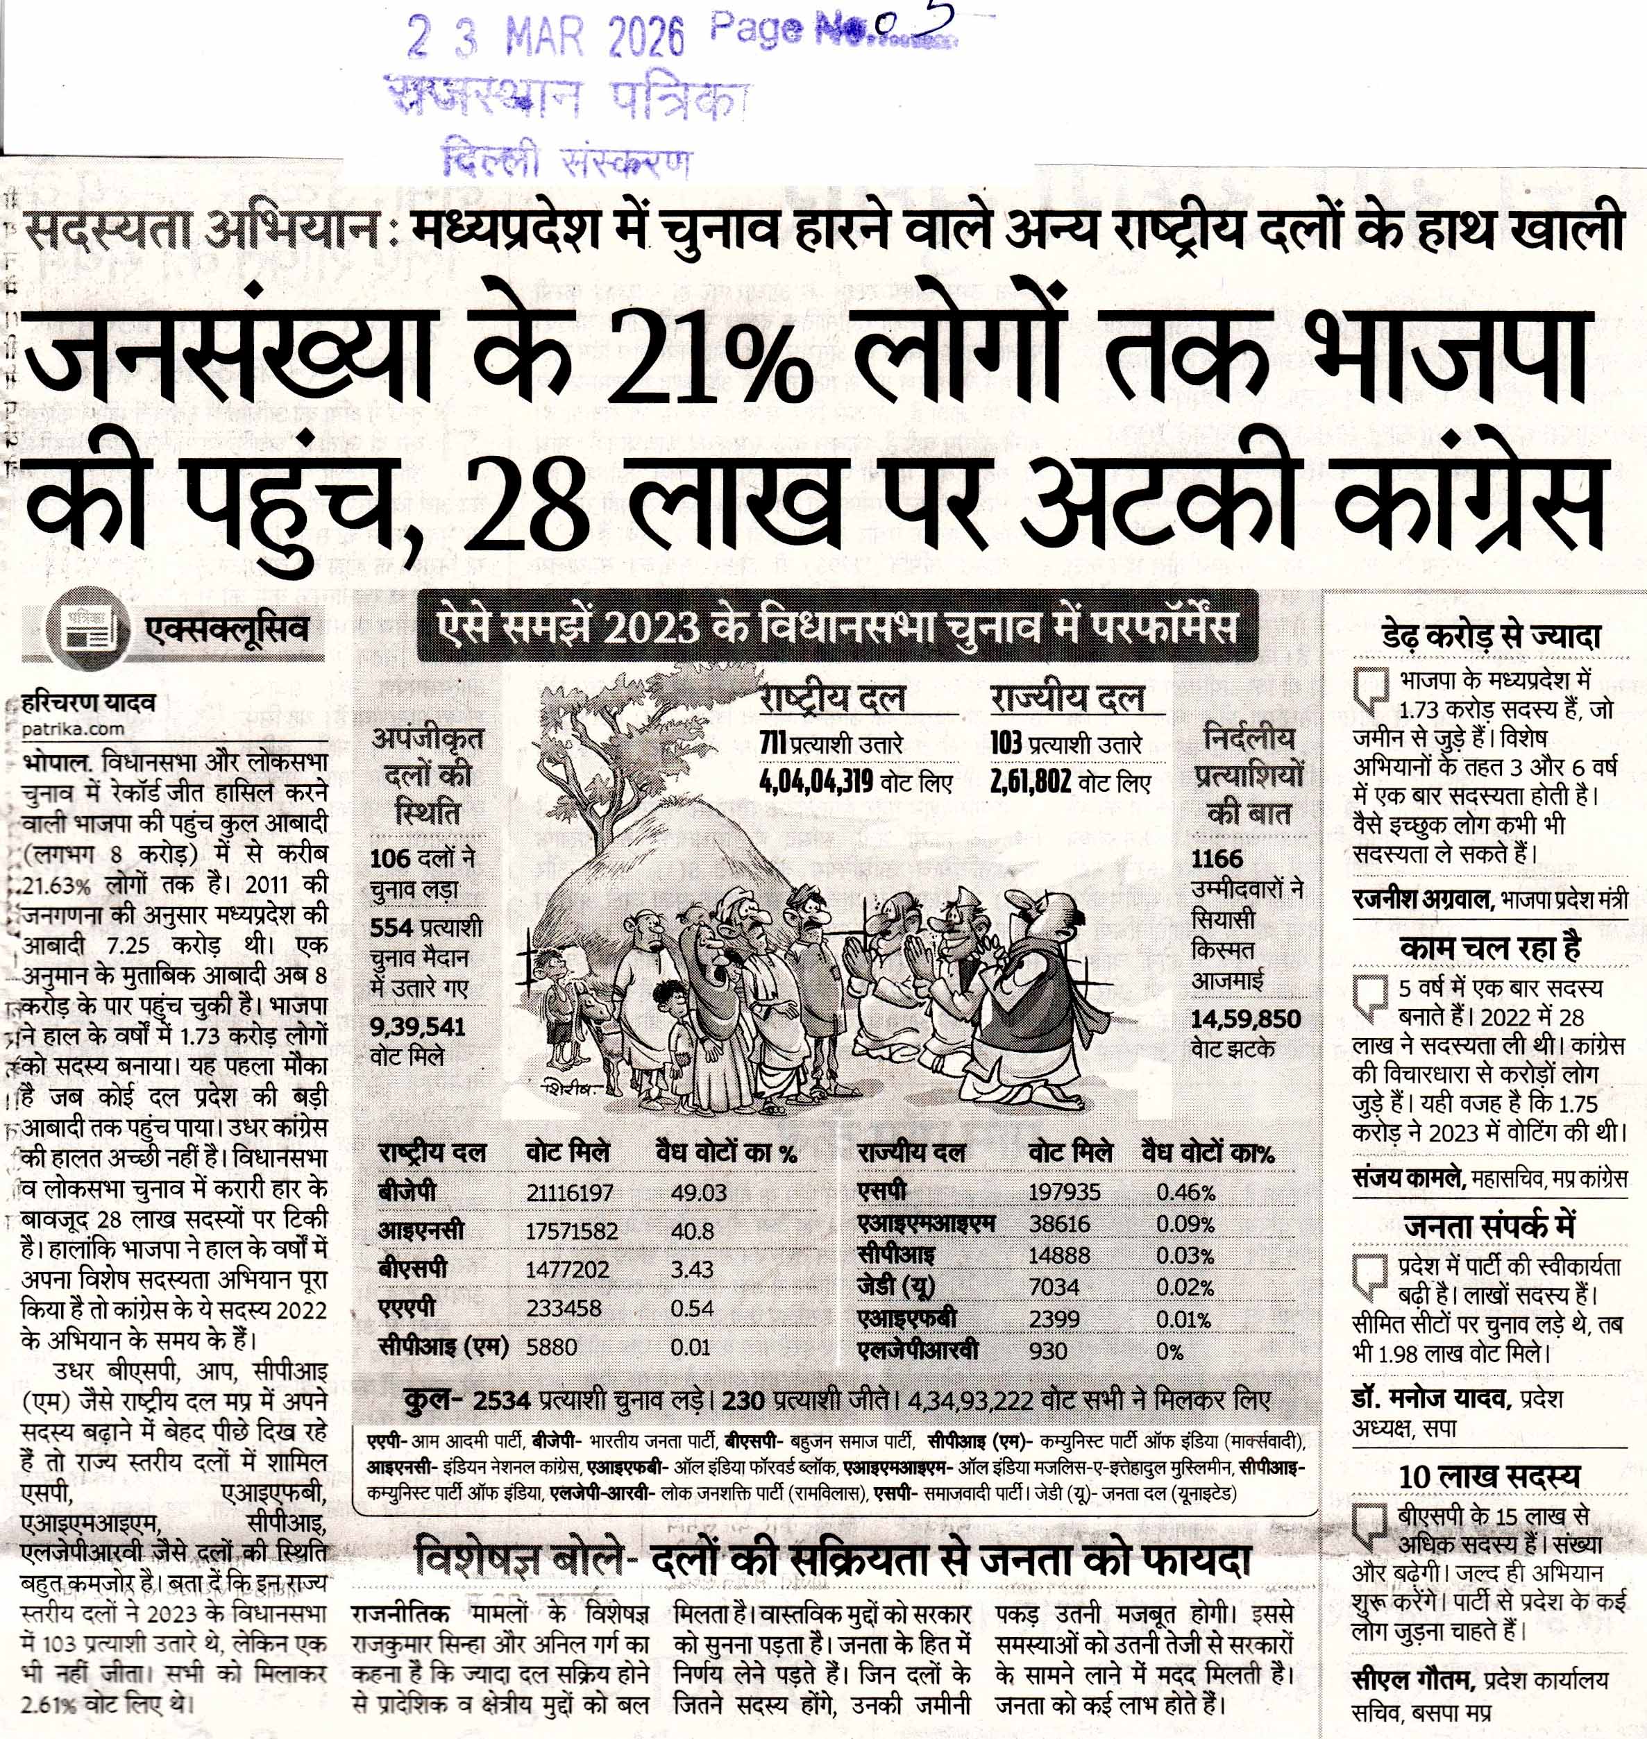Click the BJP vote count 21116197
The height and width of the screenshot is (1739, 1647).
click(x=570, y=1192)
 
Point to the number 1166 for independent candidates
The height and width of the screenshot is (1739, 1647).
click(x=1217, y=858)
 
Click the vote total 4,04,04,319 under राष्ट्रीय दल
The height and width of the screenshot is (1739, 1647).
click(x=816, y=782)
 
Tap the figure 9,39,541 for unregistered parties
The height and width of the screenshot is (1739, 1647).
click(x=418, y=1027)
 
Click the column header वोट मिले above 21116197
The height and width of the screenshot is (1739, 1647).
click(x=567, y=1153)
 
